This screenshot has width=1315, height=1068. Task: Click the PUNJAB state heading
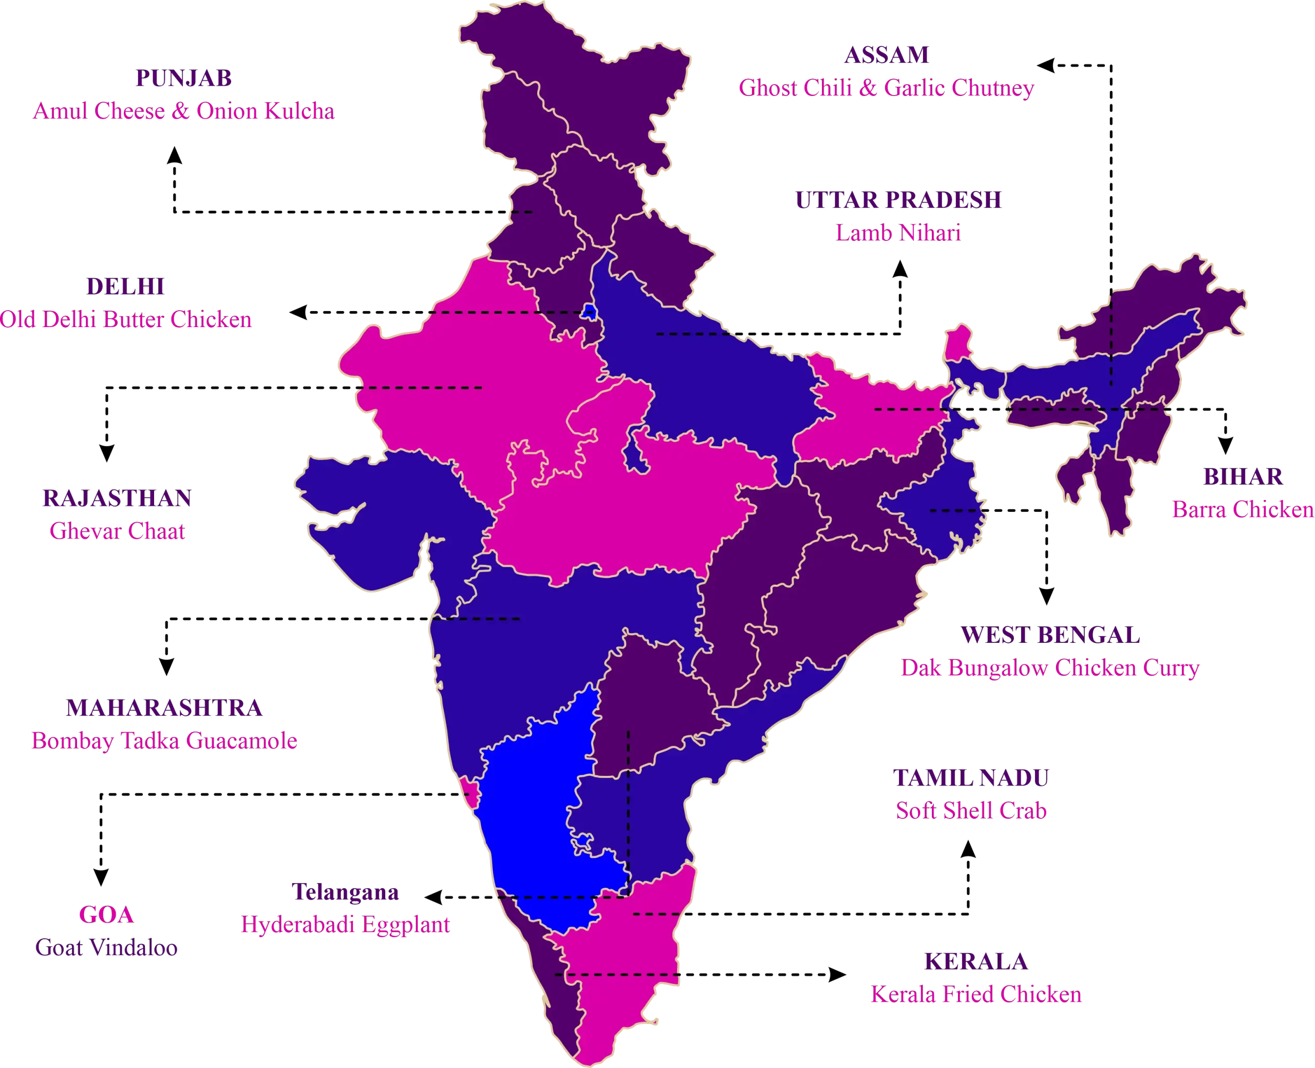183,78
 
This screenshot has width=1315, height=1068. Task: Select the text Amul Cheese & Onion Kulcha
183,111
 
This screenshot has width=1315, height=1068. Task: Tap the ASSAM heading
886,55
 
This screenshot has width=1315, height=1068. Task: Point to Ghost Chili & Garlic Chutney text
886,88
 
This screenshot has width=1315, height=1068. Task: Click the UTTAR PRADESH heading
898,200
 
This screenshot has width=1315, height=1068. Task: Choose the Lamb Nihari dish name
898,233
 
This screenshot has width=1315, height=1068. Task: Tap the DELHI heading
125,287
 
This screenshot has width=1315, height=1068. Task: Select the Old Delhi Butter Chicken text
125,320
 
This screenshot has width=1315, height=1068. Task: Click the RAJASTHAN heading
117,499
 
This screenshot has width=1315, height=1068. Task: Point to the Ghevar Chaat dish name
117,531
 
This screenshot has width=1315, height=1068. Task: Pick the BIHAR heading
1243,477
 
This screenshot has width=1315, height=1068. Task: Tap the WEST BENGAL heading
1050,635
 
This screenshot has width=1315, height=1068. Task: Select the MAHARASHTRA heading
164,708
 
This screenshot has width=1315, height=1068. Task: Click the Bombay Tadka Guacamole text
164,741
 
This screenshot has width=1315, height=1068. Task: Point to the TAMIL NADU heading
971,778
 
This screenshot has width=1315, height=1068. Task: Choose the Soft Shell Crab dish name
971,811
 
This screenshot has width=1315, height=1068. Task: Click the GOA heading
106,915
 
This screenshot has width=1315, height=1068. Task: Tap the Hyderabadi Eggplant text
345,925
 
